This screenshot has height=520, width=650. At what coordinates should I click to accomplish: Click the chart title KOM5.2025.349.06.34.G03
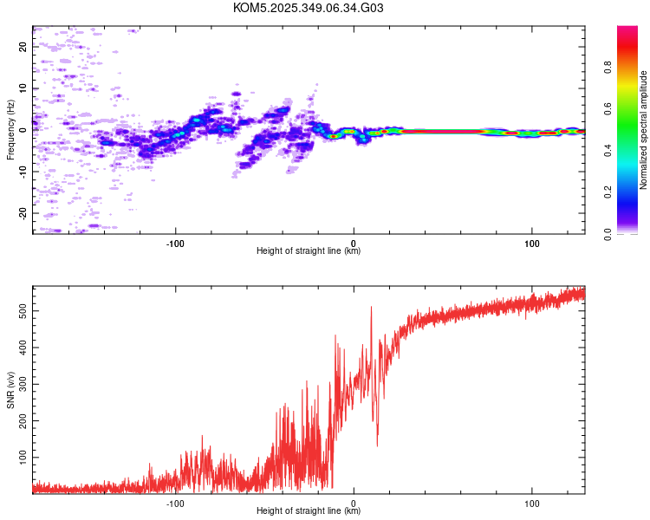click(x=309, y=8)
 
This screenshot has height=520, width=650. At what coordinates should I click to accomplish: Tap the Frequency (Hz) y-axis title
click(x=10, y=130)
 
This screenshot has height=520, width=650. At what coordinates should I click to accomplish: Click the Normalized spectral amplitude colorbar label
click(x=644, y=130)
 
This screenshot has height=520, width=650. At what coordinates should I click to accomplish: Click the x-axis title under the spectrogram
click(x=309, y=251)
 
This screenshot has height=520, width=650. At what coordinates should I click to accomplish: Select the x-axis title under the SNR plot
click(x=309, y=511)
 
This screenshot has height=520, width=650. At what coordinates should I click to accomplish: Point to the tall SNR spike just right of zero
click(x=372, y=309)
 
